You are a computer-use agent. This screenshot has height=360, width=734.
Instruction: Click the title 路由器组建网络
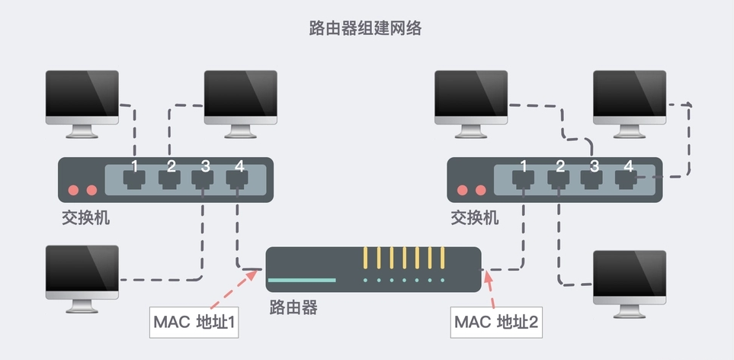(365, 29)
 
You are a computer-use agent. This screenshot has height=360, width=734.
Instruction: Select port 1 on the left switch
(134, 179)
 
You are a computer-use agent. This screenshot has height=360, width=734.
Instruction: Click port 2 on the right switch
(558, 179)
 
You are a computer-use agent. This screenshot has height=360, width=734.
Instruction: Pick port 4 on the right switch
(627, 179)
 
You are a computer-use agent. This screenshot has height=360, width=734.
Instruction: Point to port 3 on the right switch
(592, 179)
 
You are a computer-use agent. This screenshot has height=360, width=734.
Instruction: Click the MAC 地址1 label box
(196, 323)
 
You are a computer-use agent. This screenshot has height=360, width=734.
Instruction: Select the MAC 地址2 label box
(496, 323)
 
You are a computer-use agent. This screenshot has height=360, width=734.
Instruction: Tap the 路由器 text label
(293, 307)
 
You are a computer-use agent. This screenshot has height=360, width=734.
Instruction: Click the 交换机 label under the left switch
(85, 217)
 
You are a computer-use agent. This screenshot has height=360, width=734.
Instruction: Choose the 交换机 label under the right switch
(474, 217)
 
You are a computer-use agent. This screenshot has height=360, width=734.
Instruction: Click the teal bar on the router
(302, 280)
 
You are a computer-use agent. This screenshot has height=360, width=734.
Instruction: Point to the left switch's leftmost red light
(74, 190)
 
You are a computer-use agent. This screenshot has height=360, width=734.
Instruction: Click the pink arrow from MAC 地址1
(239, 286)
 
